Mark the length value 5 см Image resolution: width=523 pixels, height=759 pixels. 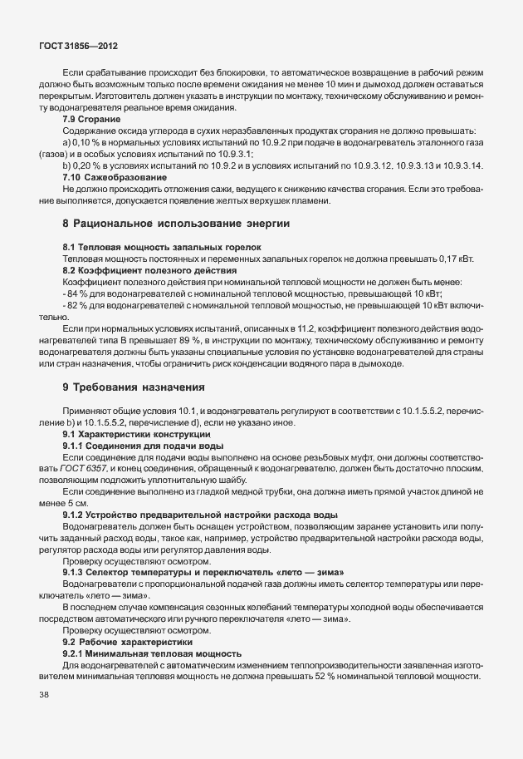pos(78,504)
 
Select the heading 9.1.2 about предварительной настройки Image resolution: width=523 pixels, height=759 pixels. pos(200,515)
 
